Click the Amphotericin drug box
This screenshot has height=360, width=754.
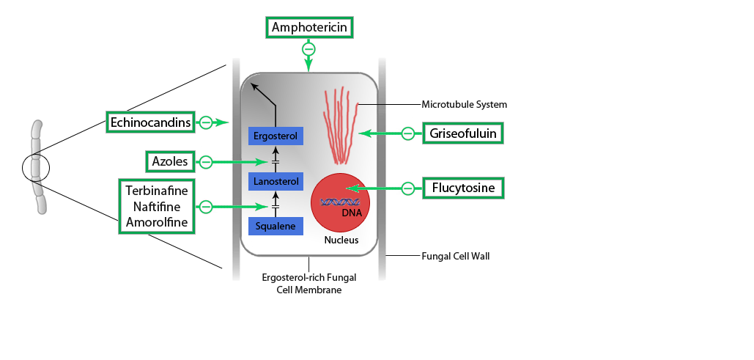tap(310, 29)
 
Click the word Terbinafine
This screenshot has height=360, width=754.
tap(158, 190)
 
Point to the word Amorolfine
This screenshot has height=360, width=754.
tap(158, 221)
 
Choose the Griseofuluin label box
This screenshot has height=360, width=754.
tap(463, 133)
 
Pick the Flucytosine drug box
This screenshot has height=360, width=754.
tap(463, 188)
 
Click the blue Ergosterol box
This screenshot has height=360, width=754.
tap(276, 136)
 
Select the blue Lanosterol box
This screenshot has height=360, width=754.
tap(276, 181)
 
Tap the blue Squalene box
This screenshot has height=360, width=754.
tap(276, 227)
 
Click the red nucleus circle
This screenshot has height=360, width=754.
tap(340, 202)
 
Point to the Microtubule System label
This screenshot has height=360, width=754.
tap(464, 105)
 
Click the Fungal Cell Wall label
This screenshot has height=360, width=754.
tap(455, 257)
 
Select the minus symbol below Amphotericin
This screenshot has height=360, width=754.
tap(308, 49)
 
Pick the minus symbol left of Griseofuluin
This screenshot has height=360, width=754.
tap(408, 133)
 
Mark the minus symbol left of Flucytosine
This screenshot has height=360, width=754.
tap(408, 188)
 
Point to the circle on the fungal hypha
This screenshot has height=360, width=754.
tap(35, 167)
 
